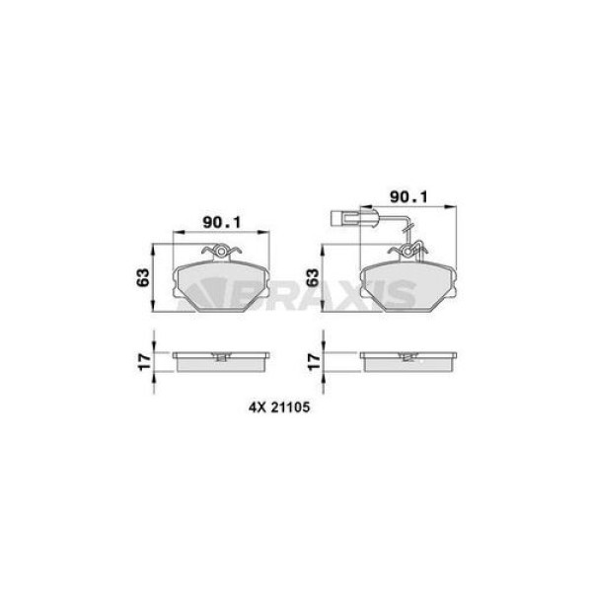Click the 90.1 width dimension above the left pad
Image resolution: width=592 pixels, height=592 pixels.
pyautogui.click(x=222, y=222)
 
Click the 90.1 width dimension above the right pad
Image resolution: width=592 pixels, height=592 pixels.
pyautogui.click(x=408, y=196)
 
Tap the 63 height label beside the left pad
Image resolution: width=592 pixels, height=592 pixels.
pyautogui.click(x=143, y=278)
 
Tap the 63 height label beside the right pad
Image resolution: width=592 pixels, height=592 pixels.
pyautogui.click(x=313, y=278)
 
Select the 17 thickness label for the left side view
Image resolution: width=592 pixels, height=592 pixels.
pyautogui.click(x=144, y=362)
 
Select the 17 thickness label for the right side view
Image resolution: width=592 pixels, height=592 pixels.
pyautogui.click(x=314, y=362)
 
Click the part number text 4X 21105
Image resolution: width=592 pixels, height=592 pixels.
pyautogui.click(x=279, y=407)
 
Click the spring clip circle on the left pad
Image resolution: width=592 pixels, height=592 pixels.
pyautogui.click(x=221, y=251)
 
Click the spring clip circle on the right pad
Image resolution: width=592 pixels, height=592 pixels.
pyautogui.click(x=407, y=251)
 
